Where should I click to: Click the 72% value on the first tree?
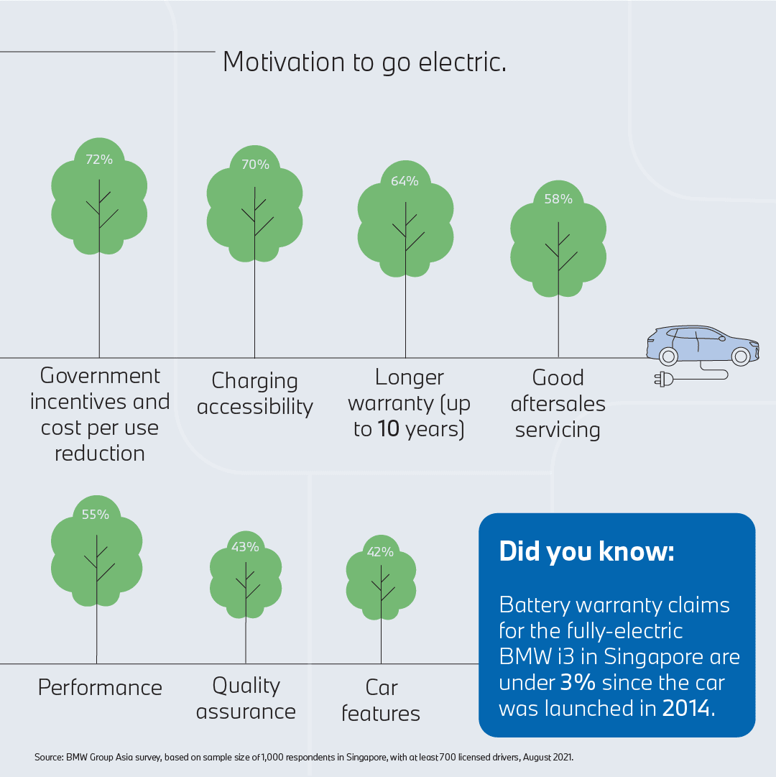coord(99,160)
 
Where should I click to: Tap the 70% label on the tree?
coord(255,165)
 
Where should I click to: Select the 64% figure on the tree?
coord(405,181)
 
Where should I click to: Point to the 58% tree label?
coord(558,199)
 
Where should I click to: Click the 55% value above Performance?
coord(95,515)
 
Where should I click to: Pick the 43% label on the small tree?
coord(245,547)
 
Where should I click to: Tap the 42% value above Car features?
coord(380,552)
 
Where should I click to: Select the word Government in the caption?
coord(100,376)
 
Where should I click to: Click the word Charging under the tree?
coord(254,382)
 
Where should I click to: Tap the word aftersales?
coord(558,404)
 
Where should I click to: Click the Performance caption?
coord(100,688)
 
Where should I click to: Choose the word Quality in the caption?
coord(246,686)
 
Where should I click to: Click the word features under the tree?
coord(381,714)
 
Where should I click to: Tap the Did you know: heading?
coord(586,551)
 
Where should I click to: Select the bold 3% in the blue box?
coord(578,682)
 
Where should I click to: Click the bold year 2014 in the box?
coord(686,708)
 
